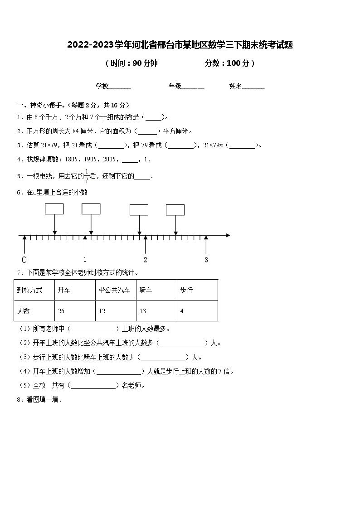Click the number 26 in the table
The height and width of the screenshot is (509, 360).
click(x=62, y=311)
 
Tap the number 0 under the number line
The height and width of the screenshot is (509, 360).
click(x=24, y=260)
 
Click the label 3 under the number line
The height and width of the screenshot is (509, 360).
click(x=206, y=260)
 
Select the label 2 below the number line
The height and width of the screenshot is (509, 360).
click(x=146, y=260)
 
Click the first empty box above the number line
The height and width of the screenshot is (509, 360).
click(x=54, y=209)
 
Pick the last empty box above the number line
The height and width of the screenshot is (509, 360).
click(x=175, y=210)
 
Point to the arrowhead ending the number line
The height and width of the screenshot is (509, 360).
click(x=228, y=236)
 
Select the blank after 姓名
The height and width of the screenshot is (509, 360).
click(x=253, y=87)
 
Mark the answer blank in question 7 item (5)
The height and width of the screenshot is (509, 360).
click(x=94, y=386)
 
